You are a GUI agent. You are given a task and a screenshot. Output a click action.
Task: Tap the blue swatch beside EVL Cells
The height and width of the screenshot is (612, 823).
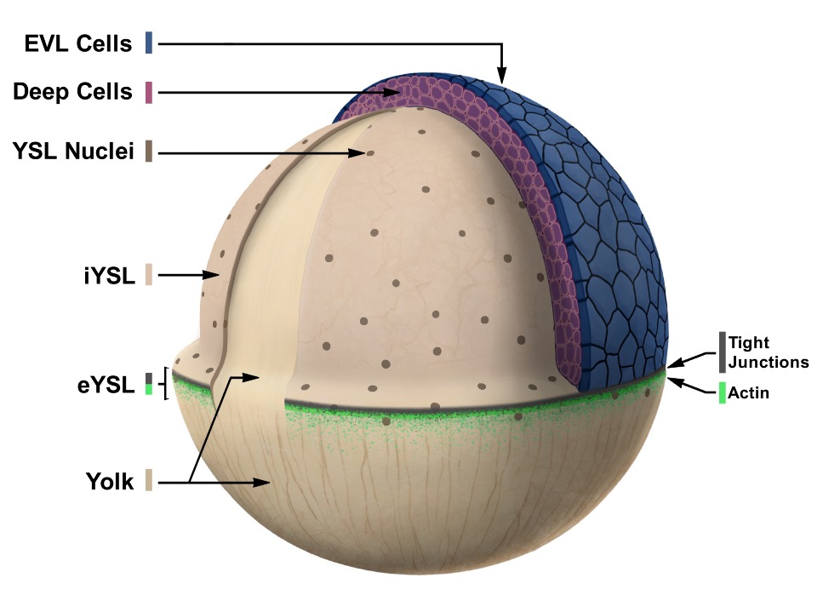point(149,43)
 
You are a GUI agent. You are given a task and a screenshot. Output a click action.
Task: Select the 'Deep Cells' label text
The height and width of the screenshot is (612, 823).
point(72,92)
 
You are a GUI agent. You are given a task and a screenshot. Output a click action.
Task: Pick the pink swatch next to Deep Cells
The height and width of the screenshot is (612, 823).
point(149,92)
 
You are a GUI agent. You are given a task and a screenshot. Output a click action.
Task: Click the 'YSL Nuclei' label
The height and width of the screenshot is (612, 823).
point(72,153)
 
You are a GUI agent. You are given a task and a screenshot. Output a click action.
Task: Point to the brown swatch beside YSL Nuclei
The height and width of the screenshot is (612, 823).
point(149,153)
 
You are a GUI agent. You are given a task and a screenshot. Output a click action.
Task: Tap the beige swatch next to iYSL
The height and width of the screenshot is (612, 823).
point(149,275)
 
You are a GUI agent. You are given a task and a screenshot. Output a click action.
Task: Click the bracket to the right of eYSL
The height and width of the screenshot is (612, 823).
point(165,385)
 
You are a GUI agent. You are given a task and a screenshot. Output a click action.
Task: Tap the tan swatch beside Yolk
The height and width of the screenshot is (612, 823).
point(149,481)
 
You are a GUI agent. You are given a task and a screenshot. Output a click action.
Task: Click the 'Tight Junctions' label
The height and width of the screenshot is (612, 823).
point(768,352)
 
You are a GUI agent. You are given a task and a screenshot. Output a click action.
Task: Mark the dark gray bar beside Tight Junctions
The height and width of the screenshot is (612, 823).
point(722,352)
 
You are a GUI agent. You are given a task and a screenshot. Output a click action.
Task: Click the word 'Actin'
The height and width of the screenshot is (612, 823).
point(748,394)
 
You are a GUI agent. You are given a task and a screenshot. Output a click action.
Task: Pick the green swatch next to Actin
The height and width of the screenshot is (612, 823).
point(722,393)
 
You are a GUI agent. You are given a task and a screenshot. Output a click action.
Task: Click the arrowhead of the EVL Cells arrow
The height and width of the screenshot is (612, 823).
point(502,79)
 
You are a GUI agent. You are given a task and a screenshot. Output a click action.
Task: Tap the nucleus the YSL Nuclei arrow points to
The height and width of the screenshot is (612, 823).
point(369,154)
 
